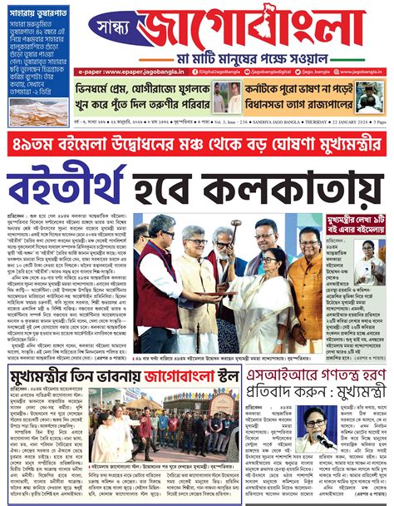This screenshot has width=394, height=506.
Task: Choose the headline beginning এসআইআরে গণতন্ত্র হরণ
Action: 319,382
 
